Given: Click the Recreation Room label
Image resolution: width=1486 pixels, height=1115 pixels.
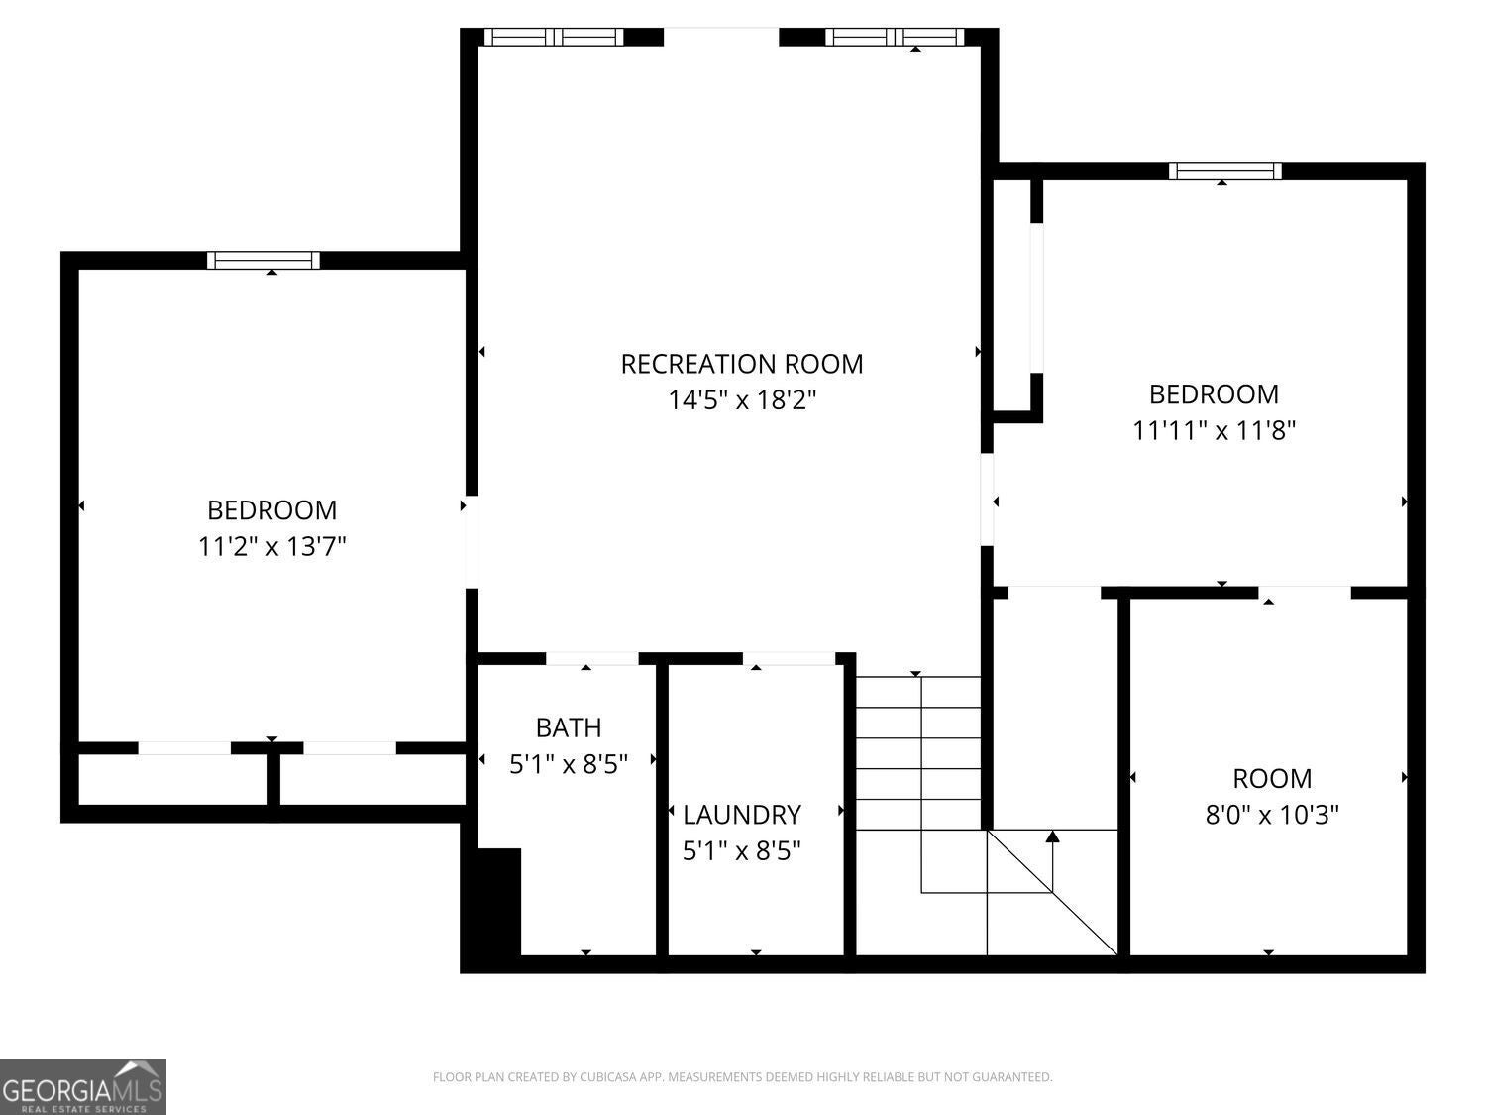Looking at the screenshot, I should [x=741, y=364].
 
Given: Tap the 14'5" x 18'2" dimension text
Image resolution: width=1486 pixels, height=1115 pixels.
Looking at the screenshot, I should [x=741, y=400].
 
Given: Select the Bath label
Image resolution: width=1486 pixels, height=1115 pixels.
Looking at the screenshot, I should [x=568, y=727].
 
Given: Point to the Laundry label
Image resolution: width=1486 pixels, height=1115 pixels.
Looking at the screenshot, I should [x=741, y=815].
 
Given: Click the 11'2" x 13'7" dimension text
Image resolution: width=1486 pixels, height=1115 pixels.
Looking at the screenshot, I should [x=271, y=546].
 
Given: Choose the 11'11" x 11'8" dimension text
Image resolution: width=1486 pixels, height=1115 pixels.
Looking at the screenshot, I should [x=1214, y=430].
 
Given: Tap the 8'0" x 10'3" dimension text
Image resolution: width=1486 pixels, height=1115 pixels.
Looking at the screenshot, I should [x=1272, y=815].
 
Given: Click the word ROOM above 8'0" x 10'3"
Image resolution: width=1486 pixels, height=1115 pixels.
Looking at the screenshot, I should [x=1272, y=778].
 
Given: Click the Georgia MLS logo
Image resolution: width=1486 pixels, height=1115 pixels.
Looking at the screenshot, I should [x=83, y=1086].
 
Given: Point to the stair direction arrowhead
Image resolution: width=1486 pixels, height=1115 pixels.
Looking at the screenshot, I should [x=1052, y=836].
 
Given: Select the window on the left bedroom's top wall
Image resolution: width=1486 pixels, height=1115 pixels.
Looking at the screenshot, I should [x=264, y=261].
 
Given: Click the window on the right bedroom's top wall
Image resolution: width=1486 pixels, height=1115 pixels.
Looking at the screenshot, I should [x=1224, y=170].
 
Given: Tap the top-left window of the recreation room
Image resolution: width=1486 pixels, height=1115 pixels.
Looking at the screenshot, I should [x=554, y=37].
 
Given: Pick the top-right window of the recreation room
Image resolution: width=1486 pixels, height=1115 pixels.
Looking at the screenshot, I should [x=895, y=37].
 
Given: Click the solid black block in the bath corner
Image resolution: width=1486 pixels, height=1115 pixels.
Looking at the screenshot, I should [x=498, y=902].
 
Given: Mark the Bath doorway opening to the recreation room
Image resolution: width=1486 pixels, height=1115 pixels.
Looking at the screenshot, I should [x=591, y=659].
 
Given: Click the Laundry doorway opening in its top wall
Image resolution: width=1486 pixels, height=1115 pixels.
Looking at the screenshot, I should [x=789, y=659].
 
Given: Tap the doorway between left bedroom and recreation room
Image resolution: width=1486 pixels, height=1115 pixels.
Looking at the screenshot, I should [x=472, y=542].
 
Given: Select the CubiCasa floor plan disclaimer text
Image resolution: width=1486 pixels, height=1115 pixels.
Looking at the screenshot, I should [x=742, y=1077].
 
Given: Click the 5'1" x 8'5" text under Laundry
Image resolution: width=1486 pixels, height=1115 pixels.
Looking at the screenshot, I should [x=741, y=851].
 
